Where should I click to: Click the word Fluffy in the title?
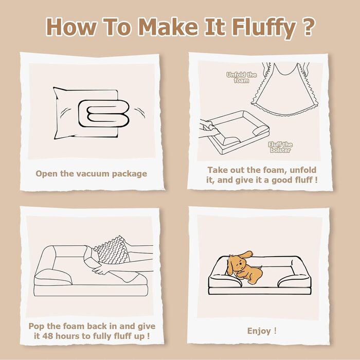[264, 27]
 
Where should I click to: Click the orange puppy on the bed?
[244, 267]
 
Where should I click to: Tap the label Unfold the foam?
[241, 78]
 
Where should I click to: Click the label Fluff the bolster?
[280, 147]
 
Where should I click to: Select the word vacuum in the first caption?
[93, 174]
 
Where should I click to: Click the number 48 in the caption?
[47, 336]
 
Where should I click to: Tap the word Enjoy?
[258, 331]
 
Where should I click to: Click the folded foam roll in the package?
[103, 114]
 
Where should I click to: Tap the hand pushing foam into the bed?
[103, 269]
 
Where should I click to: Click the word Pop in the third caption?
[37, 327]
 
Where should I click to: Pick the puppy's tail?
[259, 267]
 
